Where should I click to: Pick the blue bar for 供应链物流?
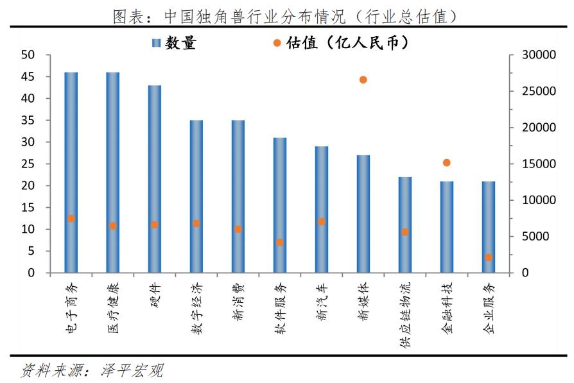(404, 225)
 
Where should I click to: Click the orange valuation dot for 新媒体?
(363, 80)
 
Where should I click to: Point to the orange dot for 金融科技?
(446, 163)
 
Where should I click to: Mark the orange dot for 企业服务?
(488, 257)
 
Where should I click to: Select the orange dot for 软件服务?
(279, 243)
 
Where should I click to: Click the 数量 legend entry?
(173, 43)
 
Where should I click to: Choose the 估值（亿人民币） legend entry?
(340, 43)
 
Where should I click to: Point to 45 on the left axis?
(27, 77)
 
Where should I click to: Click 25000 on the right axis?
(535, 91)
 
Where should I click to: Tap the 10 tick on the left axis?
(27, 229)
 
